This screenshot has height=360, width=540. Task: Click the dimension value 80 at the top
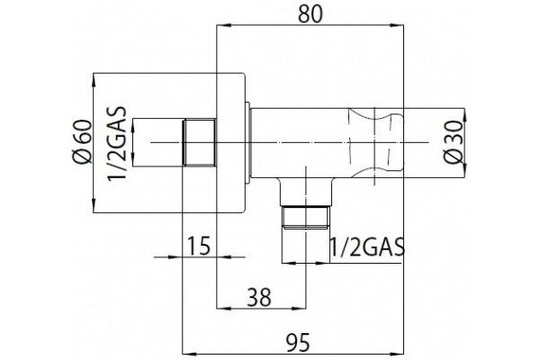point(310,13)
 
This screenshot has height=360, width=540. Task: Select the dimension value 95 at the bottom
point(298,342)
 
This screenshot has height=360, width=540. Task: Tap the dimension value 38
point(260,297)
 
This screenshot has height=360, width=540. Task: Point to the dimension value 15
point(198,247)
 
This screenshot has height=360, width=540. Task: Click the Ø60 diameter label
point(83,142)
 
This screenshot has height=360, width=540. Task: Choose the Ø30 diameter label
point(453,142)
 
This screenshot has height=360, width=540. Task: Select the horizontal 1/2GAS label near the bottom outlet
point(367,247)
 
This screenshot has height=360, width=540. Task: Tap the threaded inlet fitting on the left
point(199,142)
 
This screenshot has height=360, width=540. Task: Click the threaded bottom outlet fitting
point(305,218)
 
